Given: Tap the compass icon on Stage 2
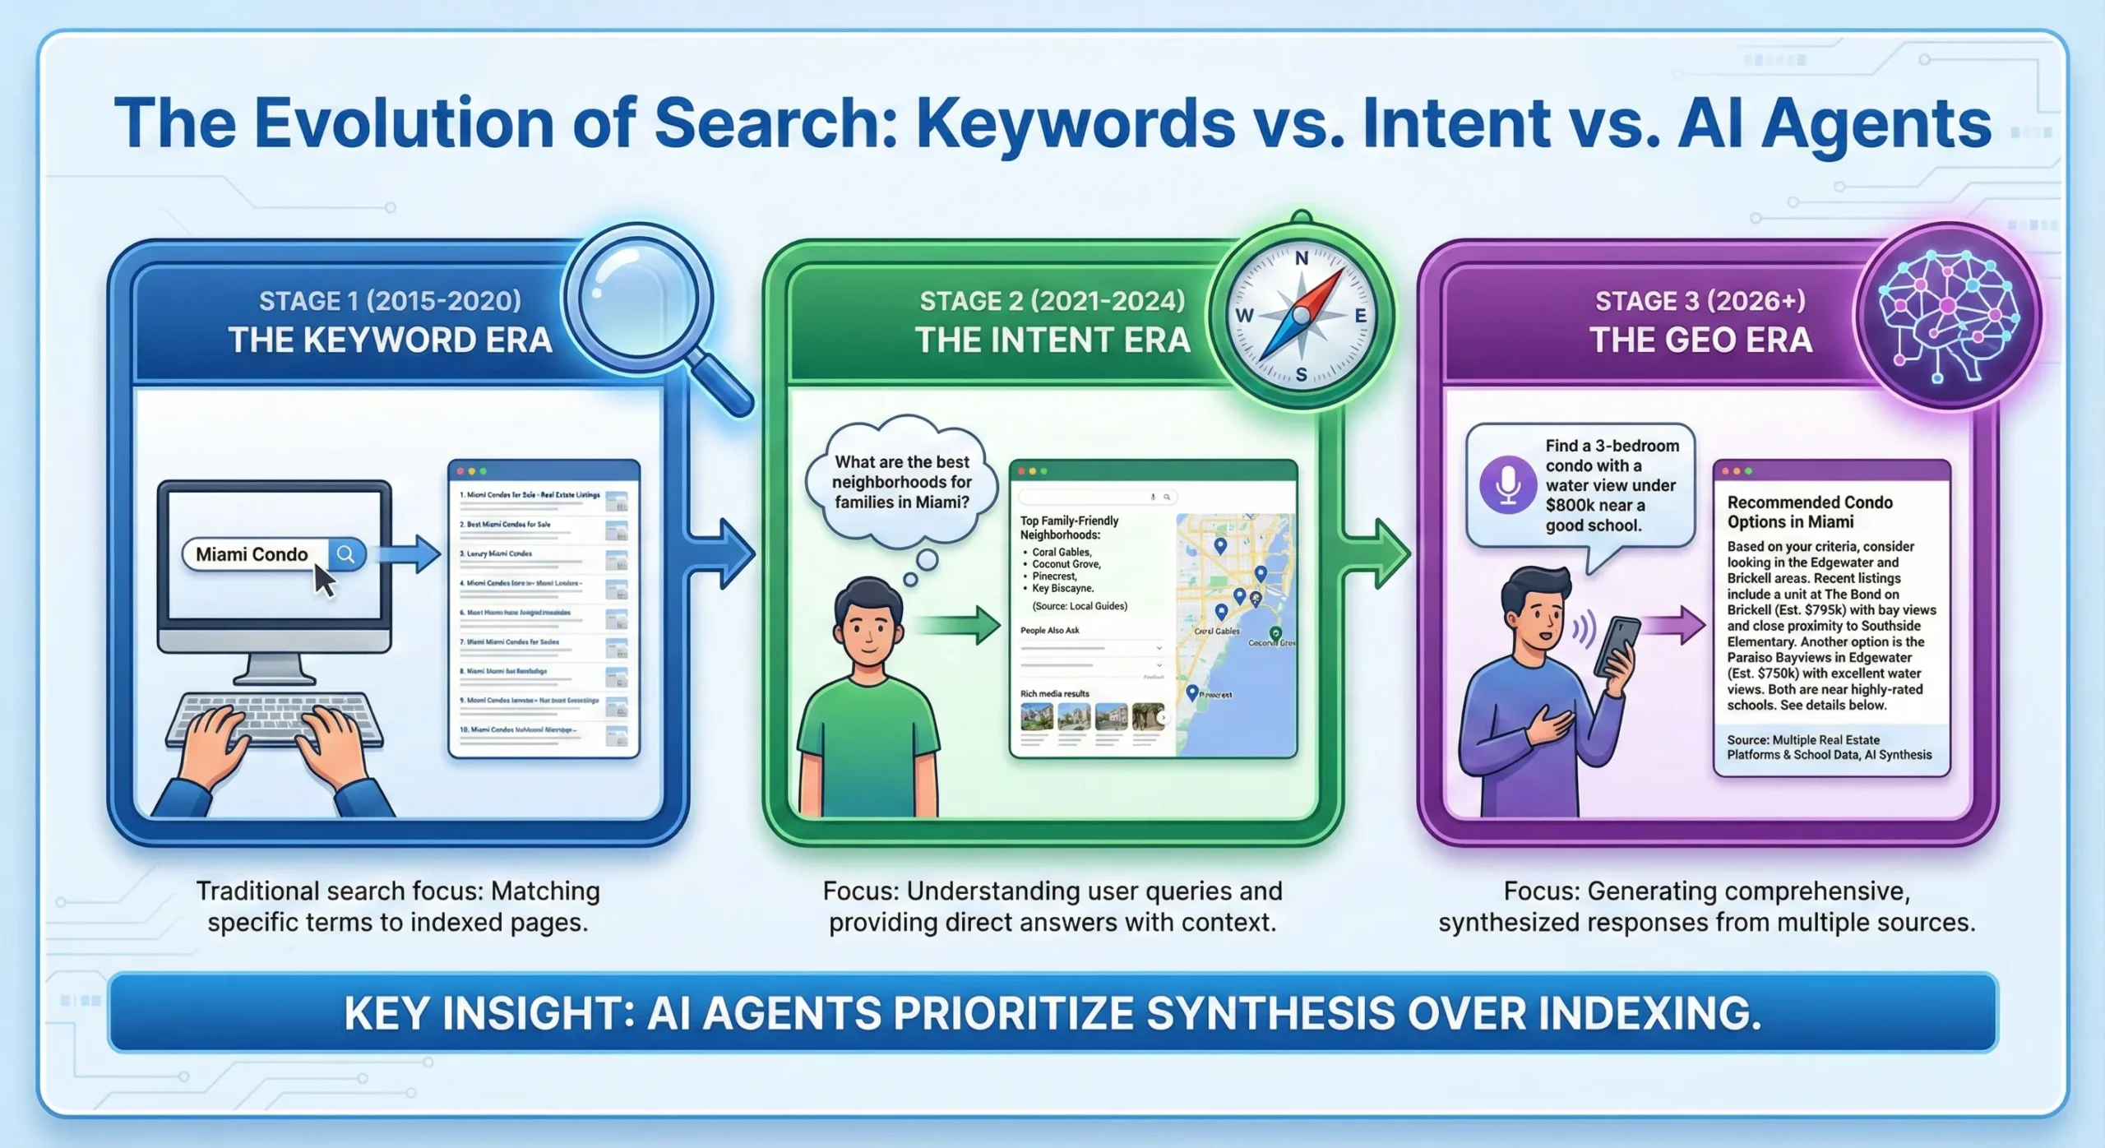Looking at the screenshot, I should pyautogui.click(x=1301, y=316).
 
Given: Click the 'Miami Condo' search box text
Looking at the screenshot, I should pyautogui.click(x=252, y=554).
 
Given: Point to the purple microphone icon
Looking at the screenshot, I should pyautogui.click(x=1507, y=485).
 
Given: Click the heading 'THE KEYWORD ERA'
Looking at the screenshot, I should pyautogui.click(x=390, y=340).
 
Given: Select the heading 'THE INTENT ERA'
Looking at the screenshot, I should pyautogui.click(x=1052, y=340).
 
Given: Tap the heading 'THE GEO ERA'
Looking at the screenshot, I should pyautogui.click(x=1700, y=340).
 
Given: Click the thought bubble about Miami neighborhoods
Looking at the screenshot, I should pyautogui.click(x=902, y=483).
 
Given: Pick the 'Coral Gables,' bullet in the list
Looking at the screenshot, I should pyautogui.click(x=1062, y=553).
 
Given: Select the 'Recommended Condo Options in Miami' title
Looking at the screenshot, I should pyautogui.click(x=1809, y=512).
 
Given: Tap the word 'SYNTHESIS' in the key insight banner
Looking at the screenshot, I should pyautogui.click(x=1270, y=1012).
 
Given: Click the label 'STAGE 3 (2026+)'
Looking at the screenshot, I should pyautogui.click(x=1700, y=301).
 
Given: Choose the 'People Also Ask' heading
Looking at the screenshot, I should pyautogui.click(x=1049, y=631).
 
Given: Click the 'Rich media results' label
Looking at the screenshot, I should pyautogui.click(x=1054, y=694).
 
